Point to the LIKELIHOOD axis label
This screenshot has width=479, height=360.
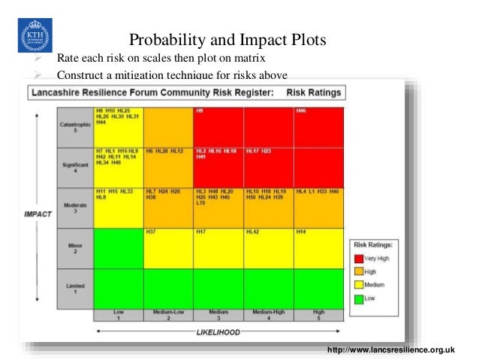(218, 330)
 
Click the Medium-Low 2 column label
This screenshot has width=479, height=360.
(168, 315)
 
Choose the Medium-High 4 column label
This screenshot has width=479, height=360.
(268, 315)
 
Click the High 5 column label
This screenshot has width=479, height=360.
(318, 315)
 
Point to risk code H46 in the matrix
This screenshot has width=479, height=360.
(301, 111)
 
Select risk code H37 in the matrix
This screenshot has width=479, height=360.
(151, 231)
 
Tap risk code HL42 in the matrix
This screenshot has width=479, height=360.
(253, 231)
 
